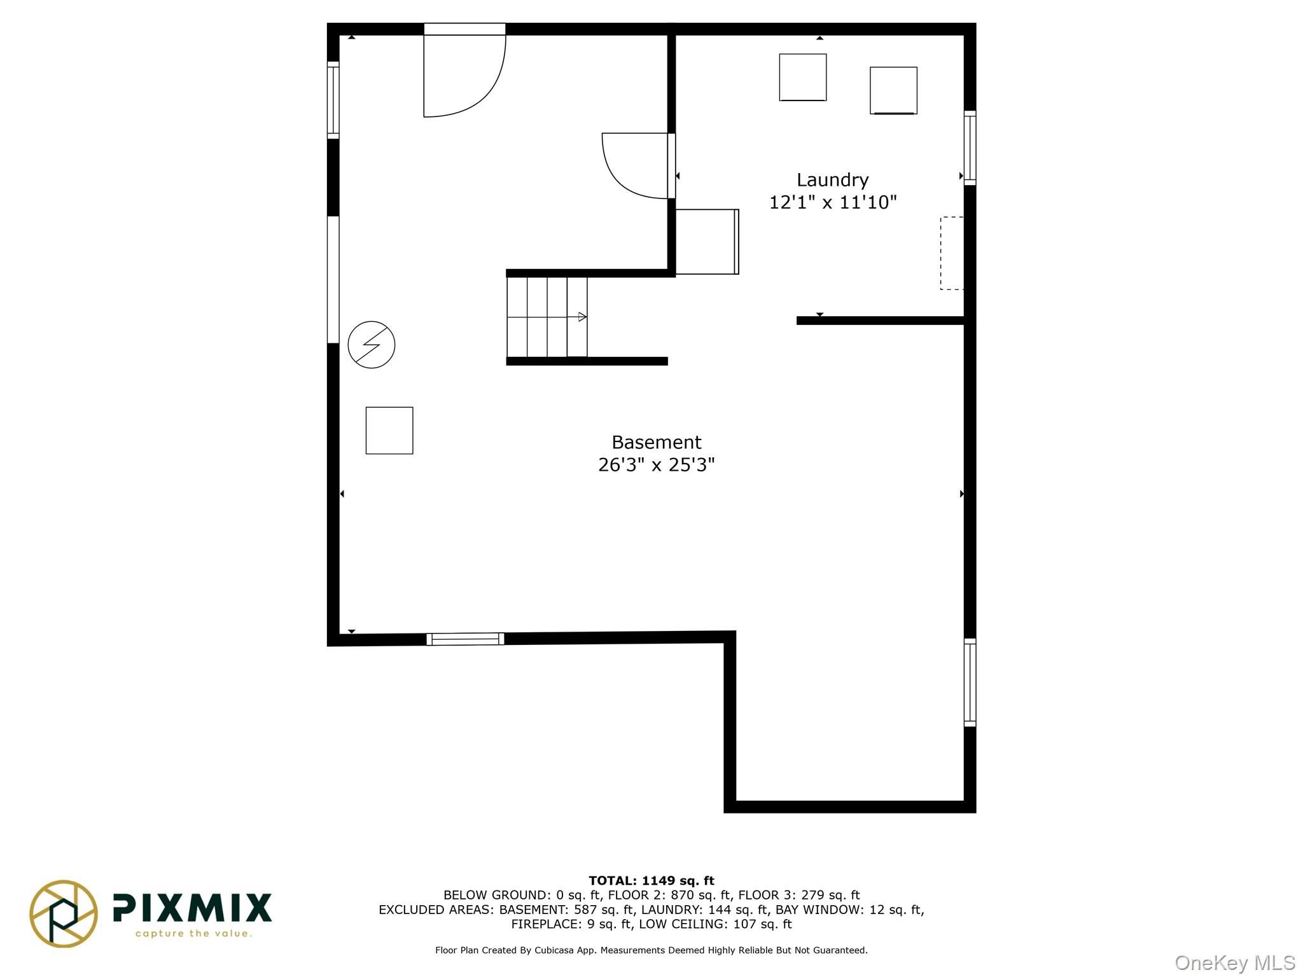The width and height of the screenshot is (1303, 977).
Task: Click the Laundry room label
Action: pos(832,181)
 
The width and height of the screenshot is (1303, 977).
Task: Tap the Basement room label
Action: pos(657,443)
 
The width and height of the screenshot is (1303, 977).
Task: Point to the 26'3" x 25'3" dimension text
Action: pos(657,465)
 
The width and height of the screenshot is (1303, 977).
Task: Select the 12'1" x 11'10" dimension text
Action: pos(833,202)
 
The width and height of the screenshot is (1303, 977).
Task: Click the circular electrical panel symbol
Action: pos(372,345)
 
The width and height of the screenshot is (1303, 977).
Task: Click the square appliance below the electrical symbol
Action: pos(389,431)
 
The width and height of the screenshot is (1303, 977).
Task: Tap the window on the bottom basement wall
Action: pos(465,639)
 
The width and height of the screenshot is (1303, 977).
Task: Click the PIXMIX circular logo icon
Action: pos(64,913)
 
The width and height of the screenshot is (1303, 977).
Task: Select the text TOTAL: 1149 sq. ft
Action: pos(651,881)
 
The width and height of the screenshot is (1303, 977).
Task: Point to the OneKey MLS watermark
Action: pos(1235,963)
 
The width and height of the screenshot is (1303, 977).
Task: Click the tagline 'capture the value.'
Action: pos(194,934)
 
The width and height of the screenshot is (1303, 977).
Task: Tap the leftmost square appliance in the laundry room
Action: pos(803,77)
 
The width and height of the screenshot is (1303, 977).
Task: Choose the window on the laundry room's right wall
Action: pos(970,148)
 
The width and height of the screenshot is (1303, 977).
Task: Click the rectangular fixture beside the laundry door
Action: pos(707,242)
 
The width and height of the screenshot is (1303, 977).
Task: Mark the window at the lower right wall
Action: pos(970,683)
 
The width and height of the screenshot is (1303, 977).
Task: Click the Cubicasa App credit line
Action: pos(651,950)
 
